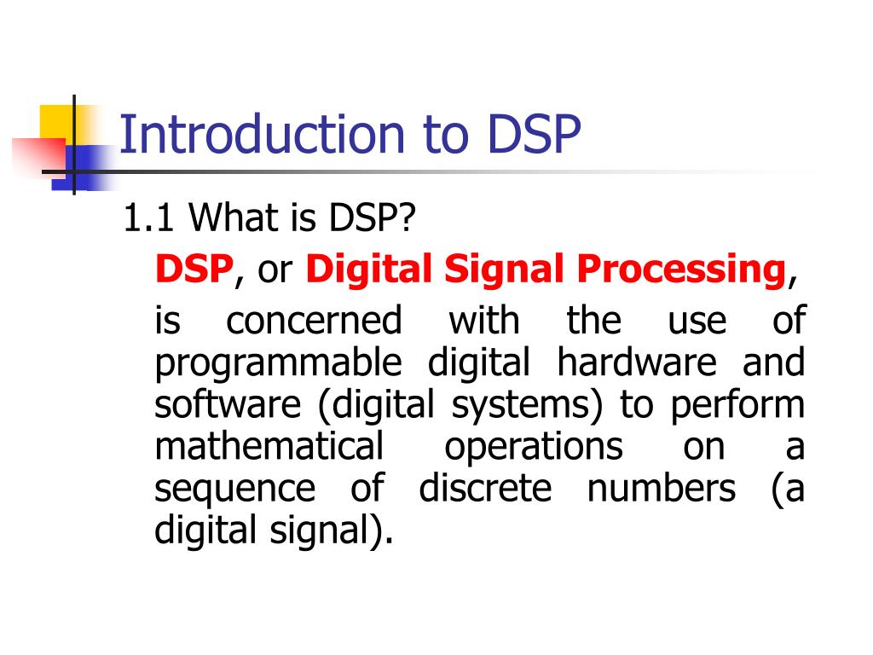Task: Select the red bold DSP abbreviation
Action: [x=194, y=270]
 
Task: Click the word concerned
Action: [x=313, y=322]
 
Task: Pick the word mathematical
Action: [x=269, y=447]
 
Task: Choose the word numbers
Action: [x=661, y=489]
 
